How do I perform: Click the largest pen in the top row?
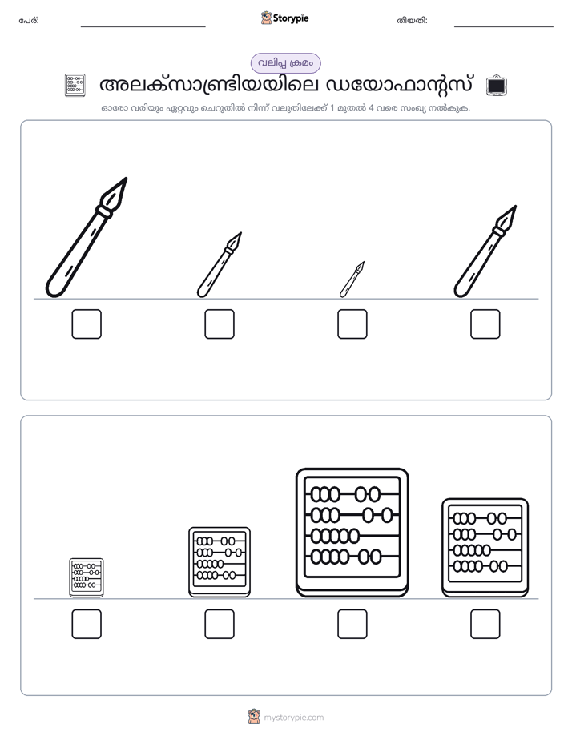(x=87, y=237)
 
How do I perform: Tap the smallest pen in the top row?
(x=352, y=280)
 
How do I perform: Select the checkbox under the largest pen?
(x=87, y=324)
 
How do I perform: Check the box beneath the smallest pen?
(x=352, y=324)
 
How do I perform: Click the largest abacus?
(x=352, y=533)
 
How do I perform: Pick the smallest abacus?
(x=87, y=577)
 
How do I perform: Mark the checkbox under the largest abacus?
(x=352, y=624)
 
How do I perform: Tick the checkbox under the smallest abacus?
(x=87, y=624)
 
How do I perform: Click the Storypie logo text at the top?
(x=291, y=18)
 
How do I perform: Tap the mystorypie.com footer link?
(x=293, y=718)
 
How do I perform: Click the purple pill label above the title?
(x=285, y=63)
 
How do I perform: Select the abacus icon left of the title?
(x=75, y=86)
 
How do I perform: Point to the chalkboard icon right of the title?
(x=496, y=86)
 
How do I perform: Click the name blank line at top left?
(x=143, y=27)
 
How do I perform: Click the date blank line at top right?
(x=504, y=27)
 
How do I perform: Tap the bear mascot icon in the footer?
(x=254, y=717)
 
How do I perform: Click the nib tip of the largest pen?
(x=127, y=179)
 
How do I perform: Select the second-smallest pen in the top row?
(x=220, y=265)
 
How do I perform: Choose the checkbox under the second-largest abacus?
(x=485, y=624)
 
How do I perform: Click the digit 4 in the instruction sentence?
(x=371, y=107)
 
